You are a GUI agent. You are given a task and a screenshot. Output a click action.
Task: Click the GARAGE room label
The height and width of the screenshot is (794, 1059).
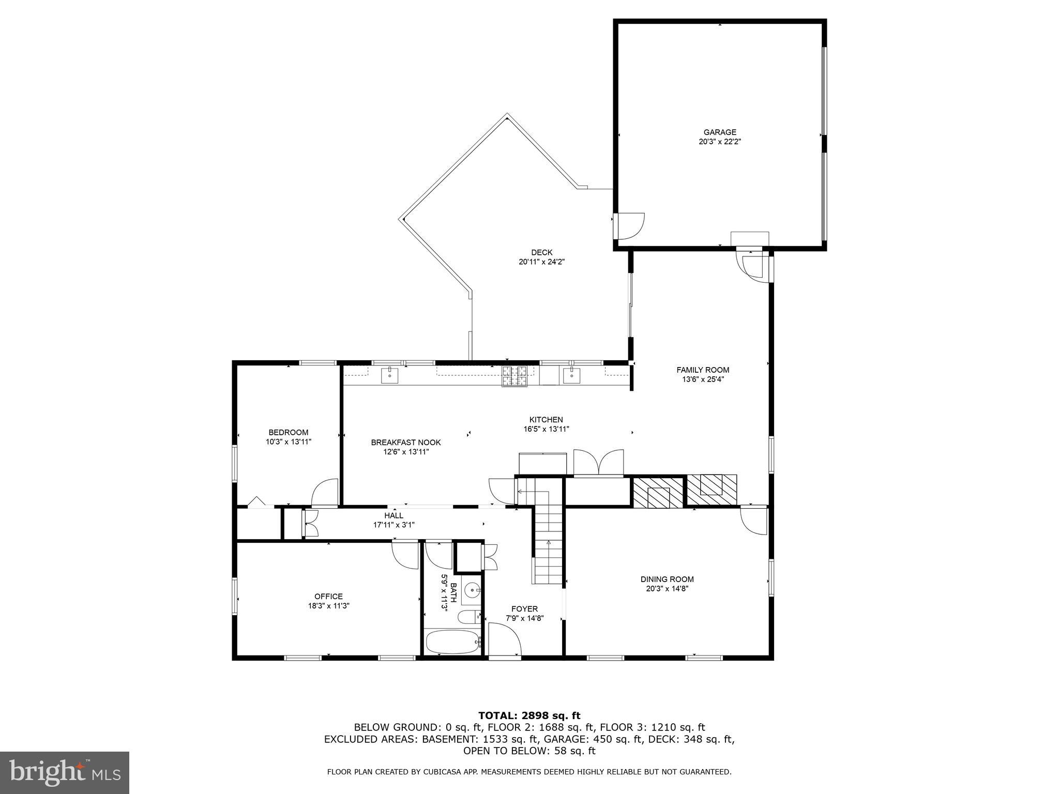click(x=719, y=132)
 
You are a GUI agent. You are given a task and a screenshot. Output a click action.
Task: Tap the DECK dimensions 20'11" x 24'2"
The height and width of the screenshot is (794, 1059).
click(x=541, y=262)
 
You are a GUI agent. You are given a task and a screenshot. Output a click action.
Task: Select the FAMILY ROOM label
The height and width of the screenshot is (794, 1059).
click(x=703, y=370)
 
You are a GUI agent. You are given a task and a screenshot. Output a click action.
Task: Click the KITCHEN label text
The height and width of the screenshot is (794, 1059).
click(x=546, y=420)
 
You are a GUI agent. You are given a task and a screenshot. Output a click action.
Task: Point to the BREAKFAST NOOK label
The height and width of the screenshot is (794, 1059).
click(x=406, y=442)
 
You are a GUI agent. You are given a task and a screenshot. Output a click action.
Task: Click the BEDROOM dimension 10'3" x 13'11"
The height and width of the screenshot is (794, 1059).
click(x=289, y=442)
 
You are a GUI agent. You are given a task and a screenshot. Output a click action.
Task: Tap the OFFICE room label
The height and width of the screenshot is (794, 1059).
click(x=328, y=597)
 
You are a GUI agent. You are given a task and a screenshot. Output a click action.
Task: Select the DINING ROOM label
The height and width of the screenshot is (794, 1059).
click(x=667, y=579)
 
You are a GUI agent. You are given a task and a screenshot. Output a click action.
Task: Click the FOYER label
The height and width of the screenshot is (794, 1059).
click(x=524, y=609)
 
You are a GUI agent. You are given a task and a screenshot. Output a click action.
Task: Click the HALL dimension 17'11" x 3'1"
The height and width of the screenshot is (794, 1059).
click(x=394, y=525)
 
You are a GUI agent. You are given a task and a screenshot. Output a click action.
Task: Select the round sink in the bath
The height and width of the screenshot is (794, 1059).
click(x=472, y=590)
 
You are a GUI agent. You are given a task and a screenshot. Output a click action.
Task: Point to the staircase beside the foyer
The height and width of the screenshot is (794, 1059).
click(x=549, y=548)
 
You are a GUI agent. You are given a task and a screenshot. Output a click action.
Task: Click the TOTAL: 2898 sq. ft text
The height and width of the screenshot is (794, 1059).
click(x=529, y=715)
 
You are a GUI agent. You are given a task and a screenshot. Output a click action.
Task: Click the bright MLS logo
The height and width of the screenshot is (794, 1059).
click(x=65, y=773)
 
